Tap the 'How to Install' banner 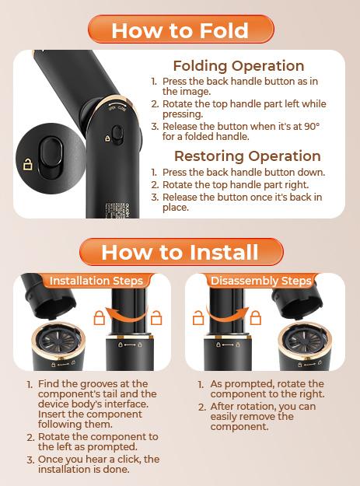[181, 252]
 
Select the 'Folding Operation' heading [239, 66]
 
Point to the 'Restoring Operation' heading [247, 156]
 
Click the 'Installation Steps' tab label [96, 281]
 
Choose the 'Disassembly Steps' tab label [260, 281]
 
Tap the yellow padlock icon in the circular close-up [28, 164]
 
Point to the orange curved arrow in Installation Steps [127, 316]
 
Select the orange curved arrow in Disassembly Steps [227, 316]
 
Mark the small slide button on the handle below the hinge [117, 135]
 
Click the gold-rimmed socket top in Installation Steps [59, 340]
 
